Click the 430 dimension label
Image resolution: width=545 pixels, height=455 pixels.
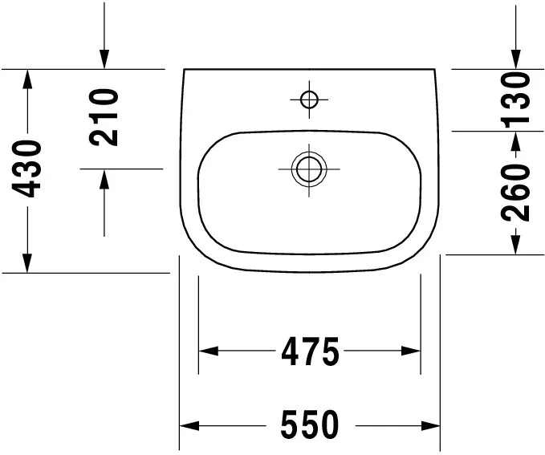point(26,169)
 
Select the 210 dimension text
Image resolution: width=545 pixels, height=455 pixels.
point(104,117)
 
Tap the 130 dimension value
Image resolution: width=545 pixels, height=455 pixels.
point(515,98)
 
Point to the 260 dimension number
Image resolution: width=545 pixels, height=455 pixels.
point(515,193)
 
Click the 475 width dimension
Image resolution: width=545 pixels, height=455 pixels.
point(310,351)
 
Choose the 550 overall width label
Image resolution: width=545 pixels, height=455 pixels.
point(310,425)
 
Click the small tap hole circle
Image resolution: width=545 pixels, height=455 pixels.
point(309,100)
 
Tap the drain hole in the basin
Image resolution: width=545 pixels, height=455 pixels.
point(309,169)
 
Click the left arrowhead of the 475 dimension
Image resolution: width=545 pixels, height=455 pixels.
point(208,351)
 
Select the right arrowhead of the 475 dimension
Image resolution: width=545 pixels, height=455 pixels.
point(411,351)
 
